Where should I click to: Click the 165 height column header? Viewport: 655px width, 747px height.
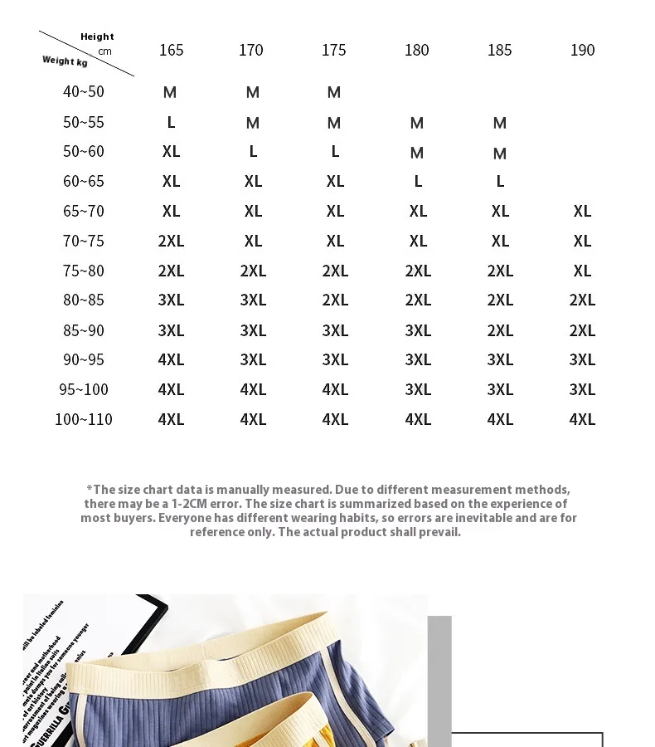pos(171,51)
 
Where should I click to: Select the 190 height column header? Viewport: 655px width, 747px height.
pos(582,51)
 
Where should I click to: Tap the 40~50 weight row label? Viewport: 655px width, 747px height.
pos(84,92)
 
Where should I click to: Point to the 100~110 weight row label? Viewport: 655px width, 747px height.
pos(84,419)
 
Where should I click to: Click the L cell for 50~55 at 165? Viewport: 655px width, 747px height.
pos(171,123)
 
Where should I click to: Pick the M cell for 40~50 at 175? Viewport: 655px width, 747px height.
pos(334,92)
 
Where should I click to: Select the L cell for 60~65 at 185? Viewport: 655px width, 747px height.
pos(500,182)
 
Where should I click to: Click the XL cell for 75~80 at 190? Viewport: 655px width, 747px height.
pos(582,271)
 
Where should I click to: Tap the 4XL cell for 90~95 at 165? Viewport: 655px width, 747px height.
pos(171,360)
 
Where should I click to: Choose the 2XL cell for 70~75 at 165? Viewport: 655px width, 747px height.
pos(171,242)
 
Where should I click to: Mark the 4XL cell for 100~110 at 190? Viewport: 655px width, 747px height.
pos(582,420)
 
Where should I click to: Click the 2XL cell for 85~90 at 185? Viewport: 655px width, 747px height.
pos(500,330)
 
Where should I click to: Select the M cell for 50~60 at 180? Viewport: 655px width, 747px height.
pos(417,154)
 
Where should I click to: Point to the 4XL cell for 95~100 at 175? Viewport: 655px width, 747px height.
pos(335,390)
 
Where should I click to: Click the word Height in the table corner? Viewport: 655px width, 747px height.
pos(97,37)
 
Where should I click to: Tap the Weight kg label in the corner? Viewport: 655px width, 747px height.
pos(65,61)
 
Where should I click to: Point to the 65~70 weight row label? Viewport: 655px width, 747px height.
pos(84,212)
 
